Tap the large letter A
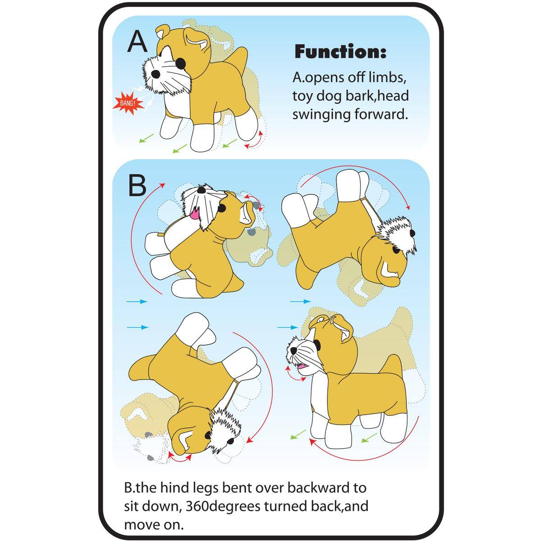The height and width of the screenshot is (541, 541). tap(137, 41)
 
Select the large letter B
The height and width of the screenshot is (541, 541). tap(138, 185)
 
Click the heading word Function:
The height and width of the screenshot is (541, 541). tap(340, 52)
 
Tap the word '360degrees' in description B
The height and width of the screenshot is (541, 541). tap(224, 506)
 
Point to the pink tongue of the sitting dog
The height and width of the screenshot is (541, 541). tap(194, 215)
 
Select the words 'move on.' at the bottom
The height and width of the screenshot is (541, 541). tap(154, 525)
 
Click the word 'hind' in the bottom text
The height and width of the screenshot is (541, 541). tap(175, 488)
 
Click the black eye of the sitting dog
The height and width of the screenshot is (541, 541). tap(221, 208)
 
